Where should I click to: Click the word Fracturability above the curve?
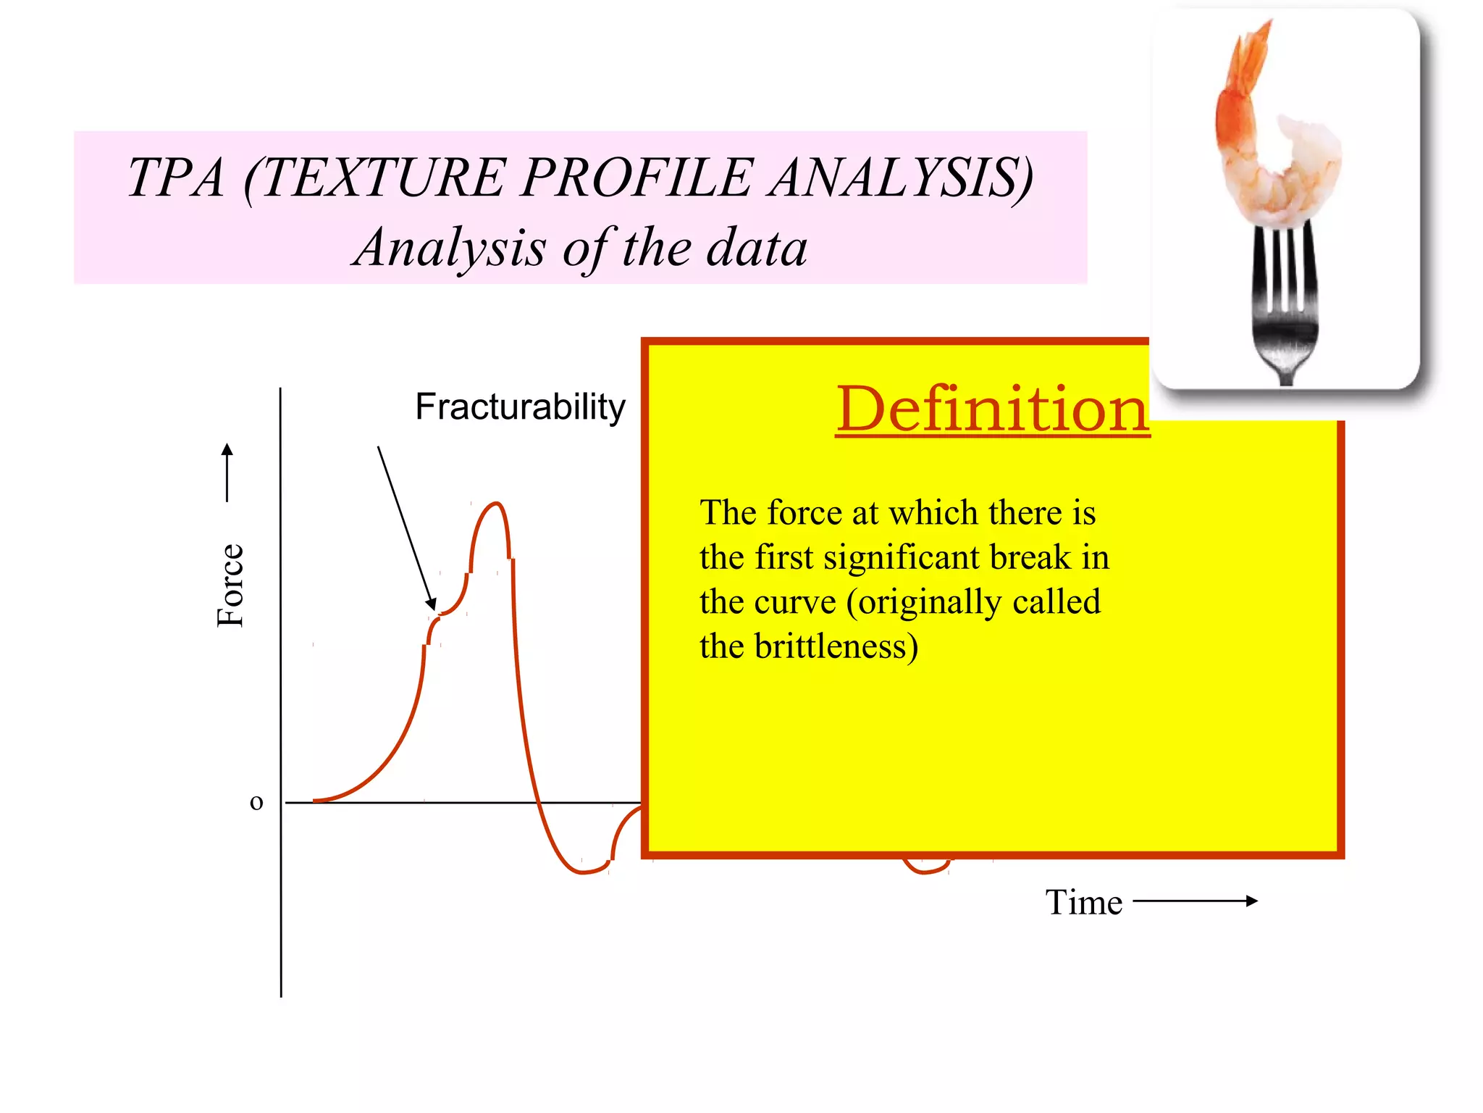(x=519, y=407)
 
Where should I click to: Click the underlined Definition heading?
(x=992, y=409)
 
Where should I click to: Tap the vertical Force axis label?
(x=231, y=585)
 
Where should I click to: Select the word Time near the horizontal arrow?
(x=1083, y=903)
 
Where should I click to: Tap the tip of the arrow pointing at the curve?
(x=432, y=606)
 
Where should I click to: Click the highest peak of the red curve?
(x=495, y=504)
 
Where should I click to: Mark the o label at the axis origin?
(x=256, y=802)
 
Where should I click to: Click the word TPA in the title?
(x=176, y=178)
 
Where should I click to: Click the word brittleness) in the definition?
(x=836, y=646)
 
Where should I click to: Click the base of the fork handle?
(x=1286, y=377)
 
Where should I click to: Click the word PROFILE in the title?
(x=637, y=178)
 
